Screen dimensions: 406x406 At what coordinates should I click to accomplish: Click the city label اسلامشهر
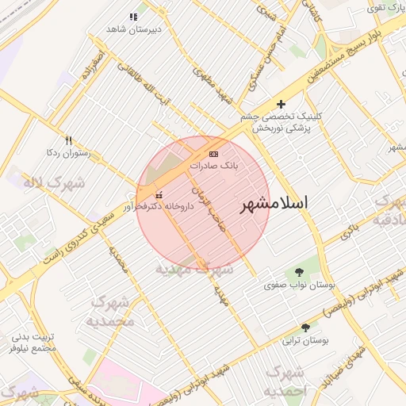click(x=274, y=203)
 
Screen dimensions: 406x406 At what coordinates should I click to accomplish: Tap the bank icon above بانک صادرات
click(x=213, y=153)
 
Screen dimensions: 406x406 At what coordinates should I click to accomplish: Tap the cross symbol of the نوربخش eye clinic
click(x=281, y=104)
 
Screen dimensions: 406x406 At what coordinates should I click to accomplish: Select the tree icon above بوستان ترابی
click(x=306, y=327)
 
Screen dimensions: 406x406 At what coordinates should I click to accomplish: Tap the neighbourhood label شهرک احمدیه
click(x=285, y=381)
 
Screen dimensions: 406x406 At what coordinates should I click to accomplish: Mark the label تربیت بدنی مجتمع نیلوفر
click(x=33, y=343)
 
